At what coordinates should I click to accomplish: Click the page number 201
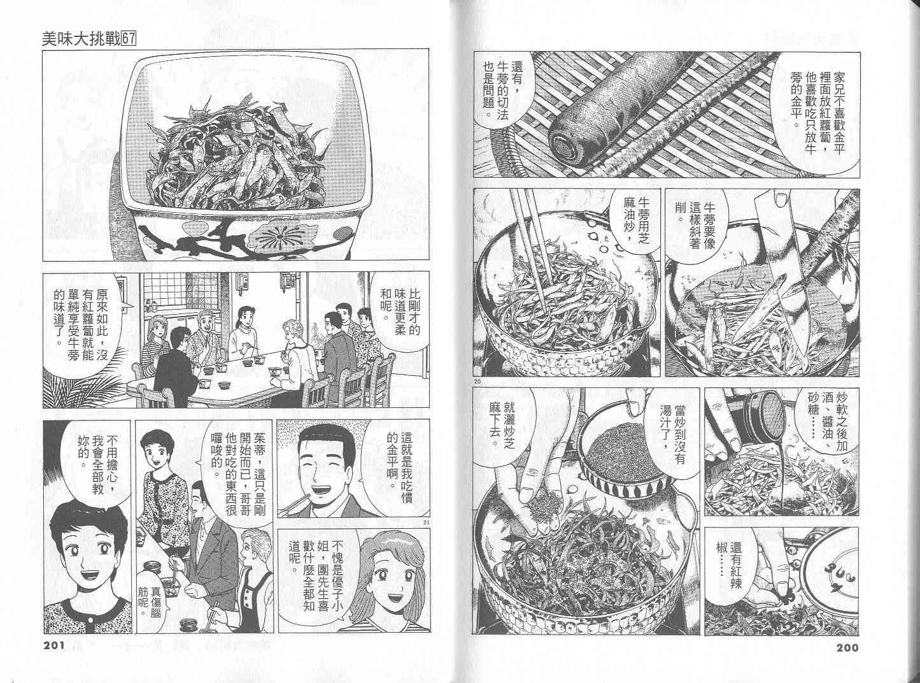click(x=54, y=647)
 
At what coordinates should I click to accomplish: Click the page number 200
click(x=846, y=647)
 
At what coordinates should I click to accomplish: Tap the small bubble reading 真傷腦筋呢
click(x=150, y=601)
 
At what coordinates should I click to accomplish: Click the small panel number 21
click(x=425, y=522)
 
